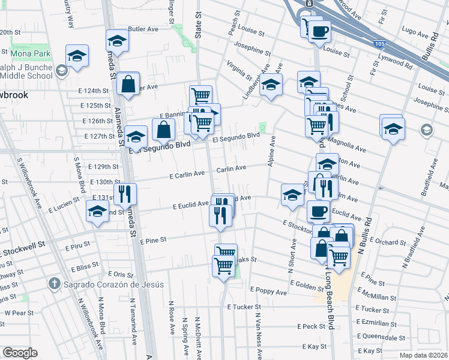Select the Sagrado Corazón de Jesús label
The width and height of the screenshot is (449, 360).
click(106, 283)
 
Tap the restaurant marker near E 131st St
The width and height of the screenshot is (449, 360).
click(125, 193)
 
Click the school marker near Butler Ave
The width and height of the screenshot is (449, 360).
click(118, 41)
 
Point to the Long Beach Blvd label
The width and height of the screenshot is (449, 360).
click(330, 312)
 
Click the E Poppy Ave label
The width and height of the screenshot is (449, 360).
click(268, 292)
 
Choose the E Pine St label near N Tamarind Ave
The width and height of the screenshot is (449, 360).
click(155, 241)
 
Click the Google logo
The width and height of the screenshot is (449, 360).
click(20, 353)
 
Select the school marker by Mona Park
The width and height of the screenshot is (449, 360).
click(77, 56)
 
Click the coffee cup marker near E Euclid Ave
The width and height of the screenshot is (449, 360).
click(318, 211)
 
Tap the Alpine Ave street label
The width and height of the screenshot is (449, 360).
click(272, 151)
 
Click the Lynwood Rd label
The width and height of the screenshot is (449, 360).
click(395, 60)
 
